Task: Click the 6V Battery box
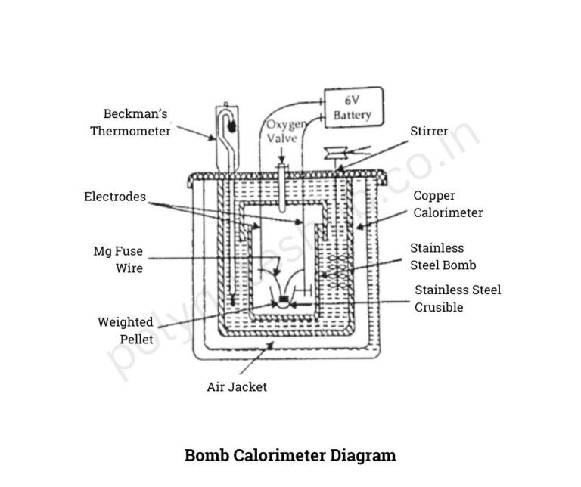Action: click(x=353, y=107)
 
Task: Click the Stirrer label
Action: click(x=429, y=132)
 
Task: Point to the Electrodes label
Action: click(x=115, y=197)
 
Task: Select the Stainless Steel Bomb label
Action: click(x=443, y=256)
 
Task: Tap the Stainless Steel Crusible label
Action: click(x=458, y=298)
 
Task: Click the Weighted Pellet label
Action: click(x=125, y=330)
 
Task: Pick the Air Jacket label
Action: click(x=237, y=387)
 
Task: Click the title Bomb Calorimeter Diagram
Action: click(x=290, y=455)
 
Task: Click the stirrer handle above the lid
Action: click(x=333, y=154)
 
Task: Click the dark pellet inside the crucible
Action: click(x=284, y=301)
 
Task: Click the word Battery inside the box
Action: click(x=353, y=115)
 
